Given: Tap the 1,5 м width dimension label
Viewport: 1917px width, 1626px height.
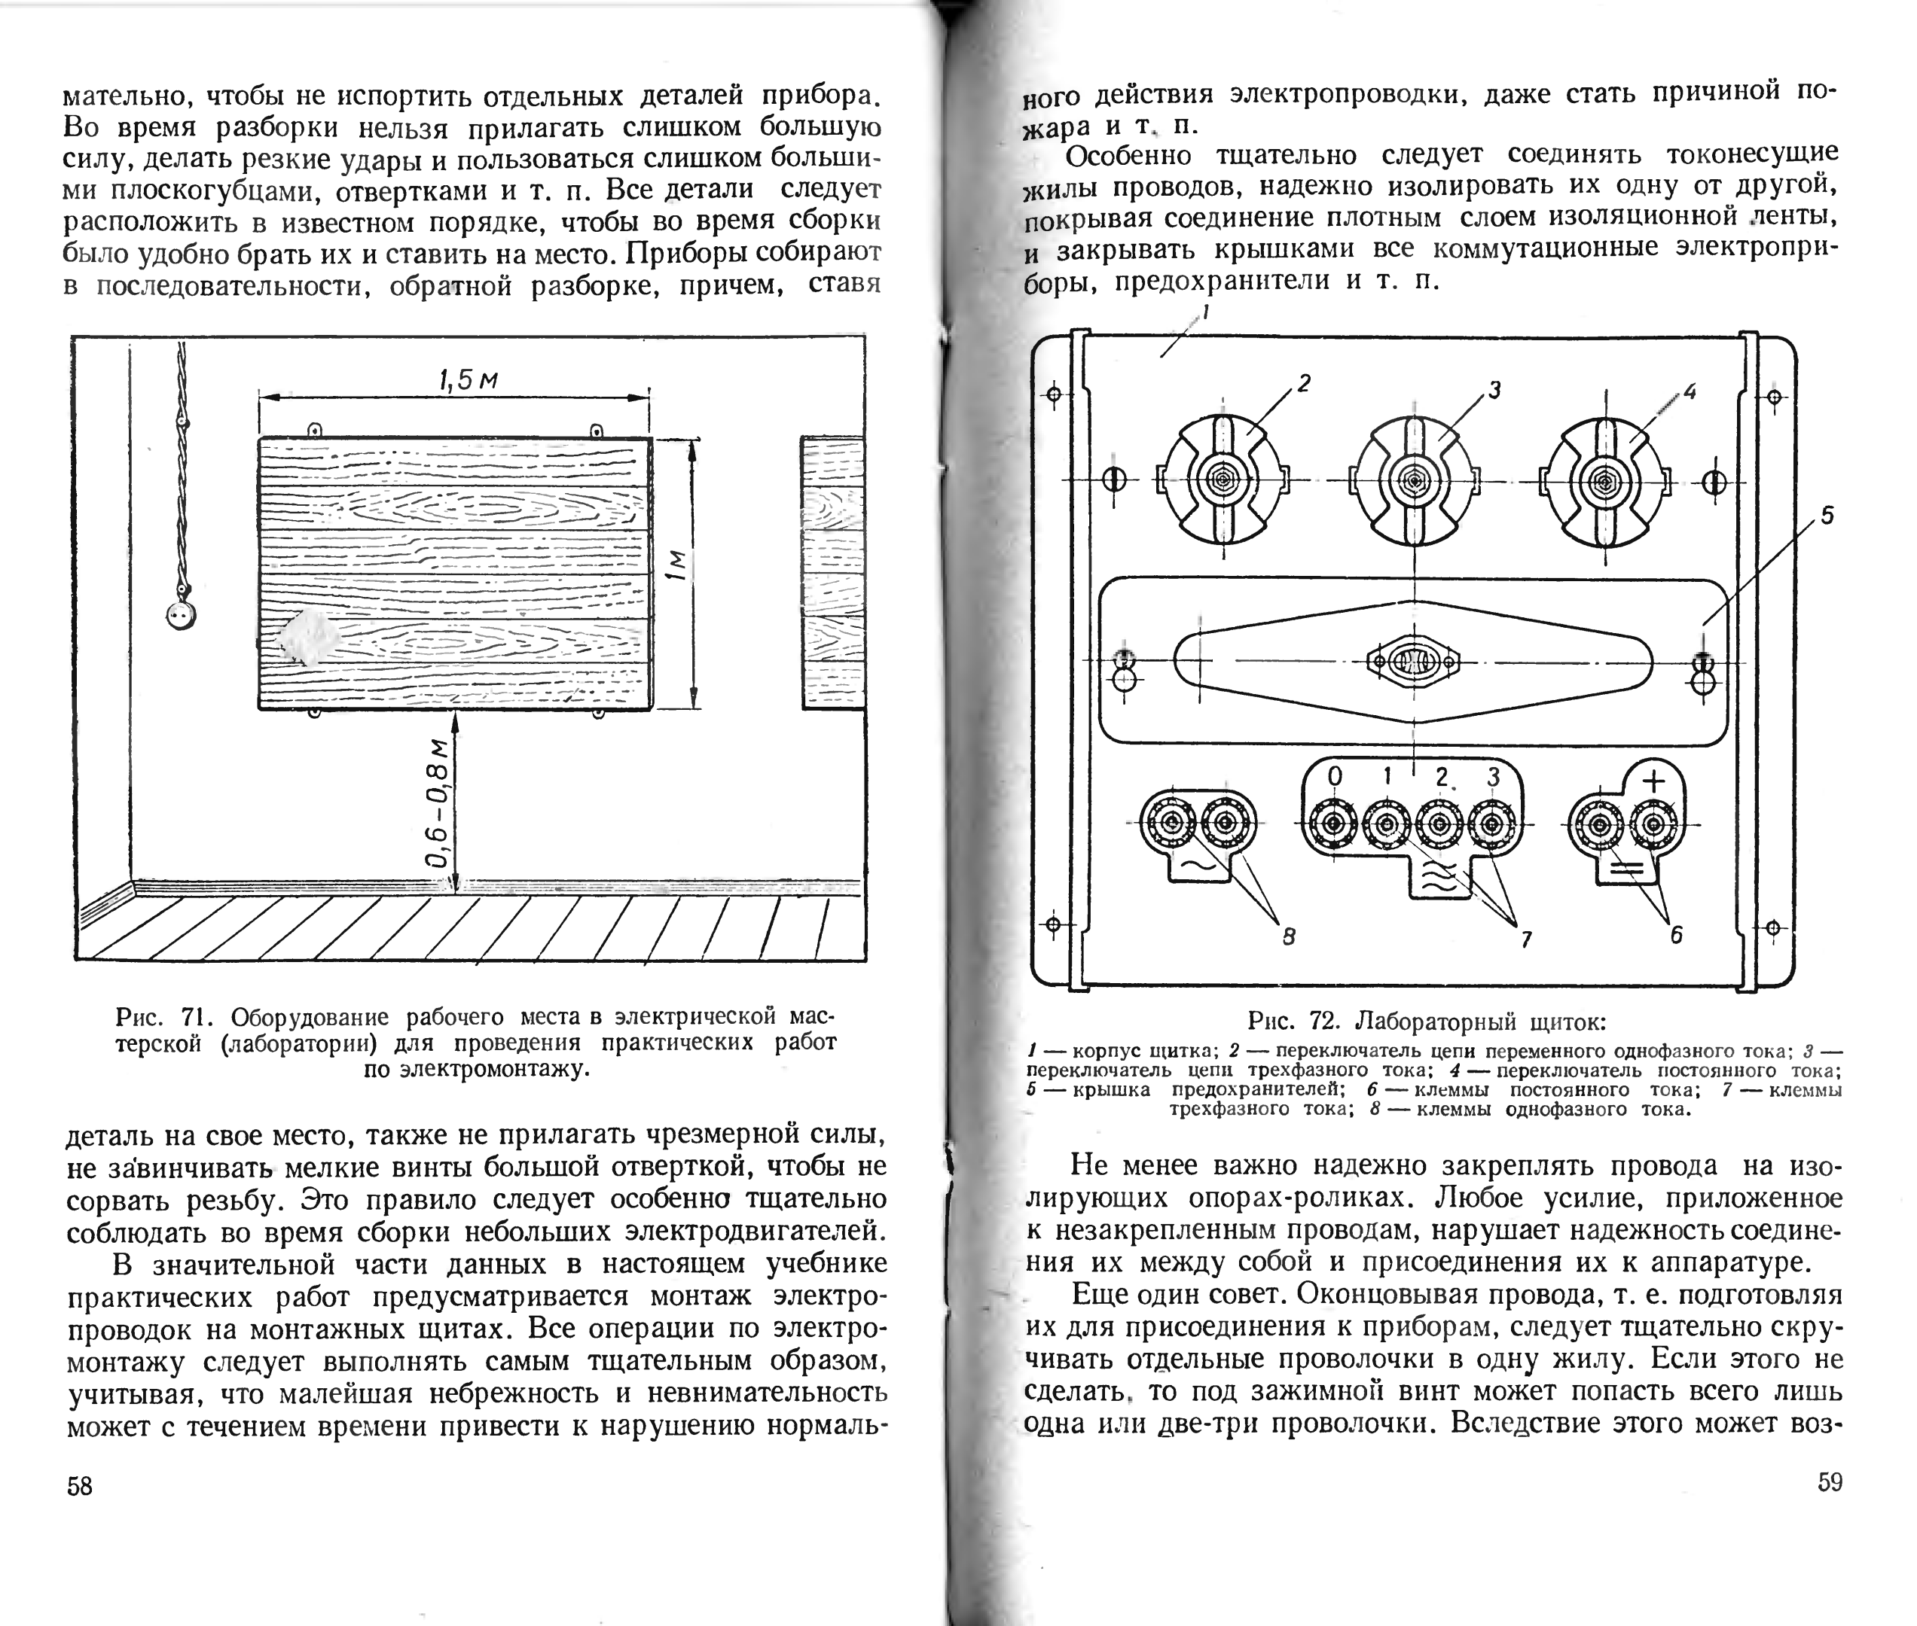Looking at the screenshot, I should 468,379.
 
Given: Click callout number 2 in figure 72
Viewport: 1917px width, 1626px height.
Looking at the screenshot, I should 1304,382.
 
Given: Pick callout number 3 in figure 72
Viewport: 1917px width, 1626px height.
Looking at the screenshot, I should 1494,390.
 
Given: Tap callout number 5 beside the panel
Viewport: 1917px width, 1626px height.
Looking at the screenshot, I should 1827,515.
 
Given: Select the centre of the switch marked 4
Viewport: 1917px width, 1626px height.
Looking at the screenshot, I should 1605,481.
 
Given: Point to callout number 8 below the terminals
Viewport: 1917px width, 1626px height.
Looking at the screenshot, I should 1289,936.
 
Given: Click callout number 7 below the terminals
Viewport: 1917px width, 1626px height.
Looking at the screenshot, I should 1526,939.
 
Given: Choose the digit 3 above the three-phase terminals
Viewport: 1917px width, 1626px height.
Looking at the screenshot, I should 1493,777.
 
